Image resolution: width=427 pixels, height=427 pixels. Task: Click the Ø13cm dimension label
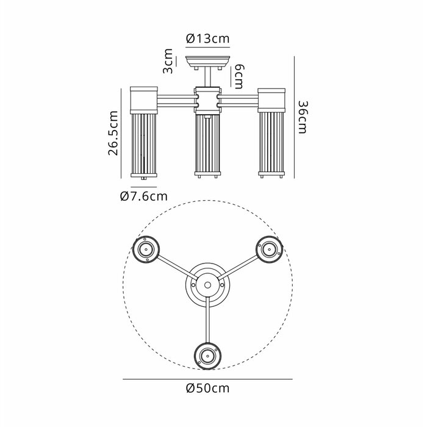[208, 38]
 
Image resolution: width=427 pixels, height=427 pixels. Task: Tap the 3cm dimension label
[168, 61]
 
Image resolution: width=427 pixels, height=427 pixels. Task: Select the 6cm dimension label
[239, 77]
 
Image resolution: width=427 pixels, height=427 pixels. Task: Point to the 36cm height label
[303, 117]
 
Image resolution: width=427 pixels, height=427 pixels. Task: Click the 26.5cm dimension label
[113, 133]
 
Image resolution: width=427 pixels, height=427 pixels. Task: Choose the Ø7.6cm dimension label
[144, 196]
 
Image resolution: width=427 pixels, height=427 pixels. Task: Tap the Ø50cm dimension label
[208, 388]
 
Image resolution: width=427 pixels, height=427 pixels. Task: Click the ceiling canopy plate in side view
[208, 62]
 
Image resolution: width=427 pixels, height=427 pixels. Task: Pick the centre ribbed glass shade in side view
[207, 144]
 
